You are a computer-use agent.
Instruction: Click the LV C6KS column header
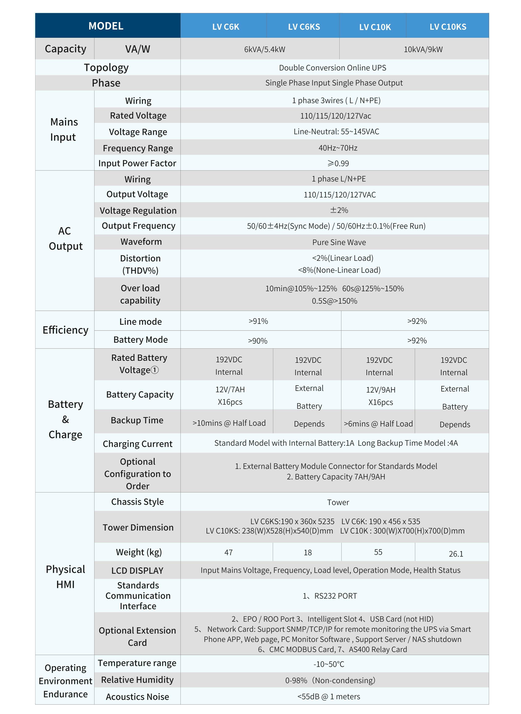coord(304,27)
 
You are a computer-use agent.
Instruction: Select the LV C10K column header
coord(375,27)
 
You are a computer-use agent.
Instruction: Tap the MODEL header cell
coord(106,26)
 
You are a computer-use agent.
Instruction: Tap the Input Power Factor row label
coord(137,163)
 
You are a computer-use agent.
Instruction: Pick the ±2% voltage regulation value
coord(339,210)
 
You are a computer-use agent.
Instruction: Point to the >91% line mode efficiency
coord(258,321)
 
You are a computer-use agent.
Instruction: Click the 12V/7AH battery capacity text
coord(230,390)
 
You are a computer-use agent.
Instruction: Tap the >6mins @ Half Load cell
coord(378,424)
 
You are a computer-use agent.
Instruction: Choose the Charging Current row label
coord(137,444)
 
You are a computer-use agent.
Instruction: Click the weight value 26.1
coord(456,554)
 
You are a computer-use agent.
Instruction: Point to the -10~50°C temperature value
coord(329,664)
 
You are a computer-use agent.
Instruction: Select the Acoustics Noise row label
coord(137,697)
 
